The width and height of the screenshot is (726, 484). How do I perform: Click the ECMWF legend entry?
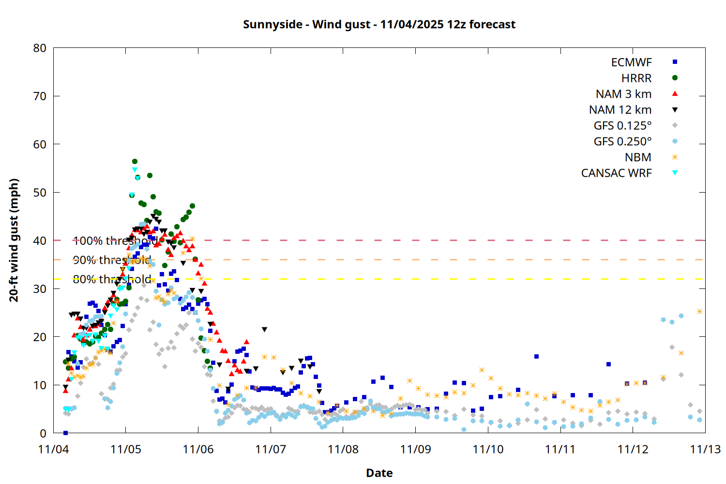click(x=631, y=62)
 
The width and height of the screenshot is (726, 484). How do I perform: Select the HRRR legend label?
click(x=636, y=78)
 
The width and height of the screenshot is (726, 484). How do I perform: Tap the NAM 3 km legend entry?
click(x=623, y=94)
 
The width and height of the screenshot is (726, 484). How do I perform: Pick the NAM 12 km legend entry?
click(x=620, y=110)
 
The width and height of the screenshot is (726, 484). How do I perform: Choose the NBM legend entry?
click(x=638, y=157)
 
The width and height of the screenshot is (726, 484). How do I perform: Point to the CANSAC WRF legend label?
click(x=616, y=173)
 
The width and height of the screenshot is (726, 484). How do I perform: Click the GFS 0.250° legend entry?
click(x=622, y=141)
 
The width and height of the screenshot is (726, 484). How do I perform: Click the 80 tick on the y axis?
click(x=40, y=48)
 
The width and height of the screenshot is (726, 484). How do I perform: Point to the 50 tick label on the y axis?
click(x=40, y=192)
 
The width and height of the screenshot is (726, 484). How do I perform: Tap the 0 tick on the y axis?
click(x=44, y=433)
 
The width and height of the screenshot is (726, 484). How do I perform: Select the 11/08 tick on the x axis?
click(x=343, y=449)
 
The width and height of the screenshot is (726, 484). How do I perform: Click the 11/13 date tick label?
click(x=705, y=449)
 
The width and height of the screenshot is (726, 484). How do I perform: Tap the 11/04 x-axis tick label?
click(x=53, y=449)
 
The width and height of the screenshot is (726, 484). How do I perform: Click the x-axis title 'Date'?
click(x=379, y=473)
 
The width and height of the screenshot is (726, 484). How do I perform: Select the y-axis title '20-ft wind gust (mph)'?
click(x=14, y=240)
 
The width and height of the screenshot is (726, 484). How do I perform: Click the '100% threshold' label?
click(x=115, y=241)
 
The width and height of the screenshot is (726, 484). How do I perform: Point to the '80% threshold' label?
click(x=112, y=279)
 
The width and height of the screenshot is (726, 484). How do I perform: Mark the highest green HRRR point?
click(x=135, y=162)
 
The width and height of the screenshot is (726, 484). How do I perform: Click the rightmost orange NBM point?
click(x=699, y=312)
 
